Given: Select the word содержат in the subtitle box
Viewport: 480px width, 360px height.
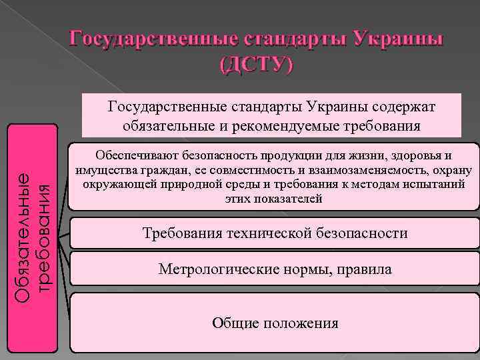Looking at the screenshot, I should click(x=405, y=106).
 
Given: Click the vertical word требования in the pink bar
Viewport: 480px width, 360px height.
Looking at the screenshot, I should click(x=43, y=237).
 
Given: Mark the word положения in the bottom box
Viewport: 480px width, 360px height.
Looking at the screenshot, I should click(x=298, y=323).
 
